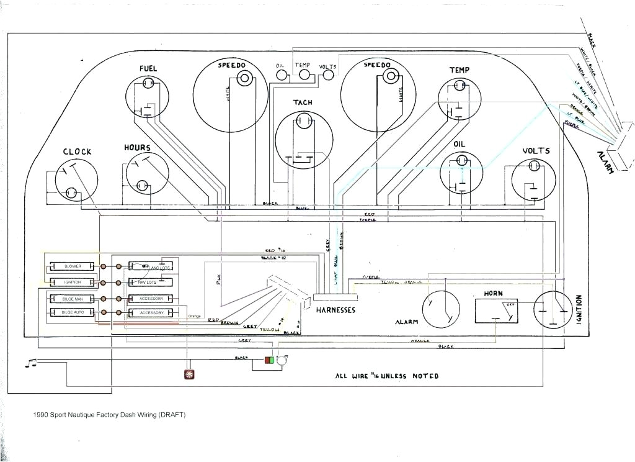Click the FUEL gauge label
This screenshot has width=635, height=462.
pyautogui.click(x=148, y=68)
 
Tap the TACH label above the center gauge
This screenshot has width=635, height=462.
pyautogui.click(x=303, y=102)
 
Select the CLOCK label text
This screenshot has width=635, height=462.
pyautogui.click(x=77, y=152)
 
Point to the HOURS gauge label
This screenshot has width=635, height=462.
pyautogui.click(x=137, y=148)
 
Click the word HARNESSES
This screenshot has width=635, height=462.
pyautogui.click(x=334, y=310)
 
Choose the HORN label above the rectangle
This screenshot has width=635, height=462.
pyautogui.click(x=494, y=293)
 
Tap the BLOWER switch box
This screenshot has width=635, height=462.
pyautogui.click(x=73, y=266)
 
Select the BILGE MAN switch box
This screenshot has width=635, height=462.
pyautogui.click(x=73, y=299)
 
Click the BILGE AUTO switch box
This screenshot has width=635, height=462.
pyautogui.click(x=73, y=312)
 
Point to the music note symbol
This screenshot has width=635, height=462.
pyautogui.click(x=30, y=363)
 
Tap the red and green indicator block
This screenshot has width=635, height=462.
pyautogui.click(x=270, y=360)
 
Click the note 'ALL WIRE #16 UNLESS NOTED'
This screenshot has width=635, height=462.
pyautogui.click(x=386, y=376)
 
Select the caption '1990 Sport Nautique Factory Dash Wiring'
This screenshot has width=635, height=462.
pyautogui.click(x=109, y=415)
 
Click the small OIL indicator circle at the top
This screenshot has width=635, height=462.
pyautogui.click(x=282, y=75)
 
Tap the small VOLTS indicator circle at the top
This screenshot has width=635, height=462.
pyautogui.click(x=327, y=75)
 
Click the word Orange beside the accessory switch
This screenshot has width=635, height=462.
pyautogui.click(x=195, y=315)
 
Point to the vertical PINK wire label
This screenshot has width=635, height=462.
pyautogui.click(x=218, y=279)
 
